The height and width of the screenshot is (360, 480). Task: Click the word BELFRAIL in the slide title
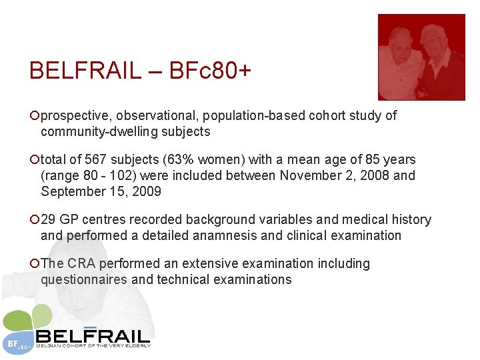click(85, 70)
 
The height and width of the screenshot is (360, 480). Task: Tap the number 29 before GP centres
click(49, 220)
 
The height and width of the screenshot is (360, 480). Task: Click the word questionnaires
click(84, 279)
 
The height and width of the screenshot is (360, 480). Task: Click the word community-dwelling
click(97, 131)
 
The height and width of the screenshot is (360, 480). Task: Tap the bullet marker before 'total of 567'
click(35, 160)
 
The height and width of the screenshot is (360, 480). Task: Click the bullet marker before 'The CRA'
click(35, 264)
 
